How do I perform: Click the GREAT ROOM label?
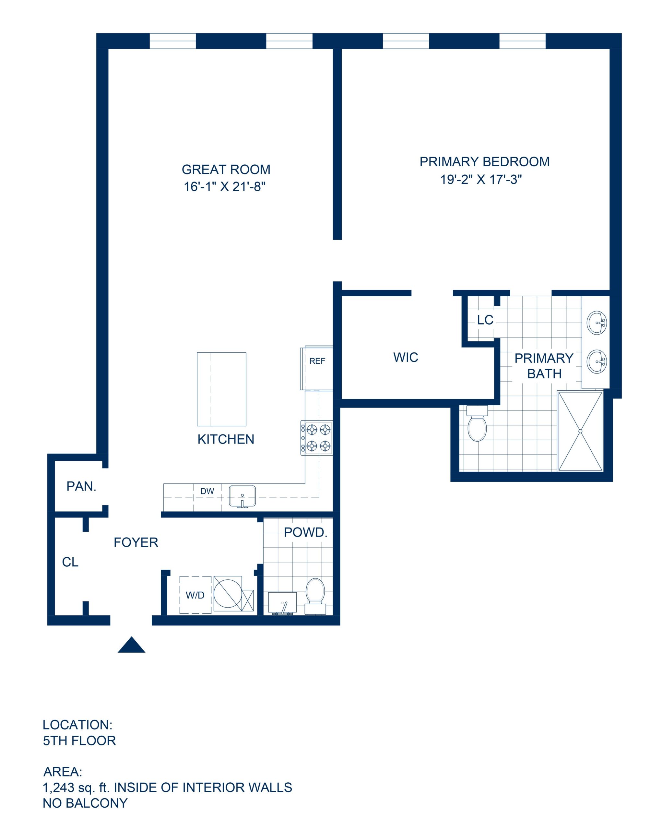(x=226, y=169)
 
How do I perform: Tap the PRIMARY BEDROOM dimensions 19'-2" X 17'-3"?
(x=481, y=179)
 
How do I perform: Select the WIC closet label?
(x=406, y=357)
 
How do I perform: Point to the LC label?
(x=485, y=320)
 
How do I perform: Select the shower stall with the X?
(x=580, y=431)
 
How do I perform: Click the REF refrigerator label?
(x=317, y=361)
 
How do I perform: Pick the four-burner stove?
(x=316, y=438)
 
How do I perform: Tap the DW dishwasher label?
(x=207, y=491)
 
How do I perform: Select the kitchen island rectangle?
(x=221, y=389)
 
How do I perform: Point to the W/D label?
(x=195, y=595)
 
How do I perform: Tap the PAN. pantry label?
(x=81, y=486)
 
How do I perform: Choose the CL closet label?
(x=70, y=562)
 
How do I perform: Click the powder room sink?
(x=282, y=603)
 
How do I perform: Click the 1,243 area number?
(x=58, y=787)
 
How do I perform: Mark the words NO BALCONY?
(x=85, y=803)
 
